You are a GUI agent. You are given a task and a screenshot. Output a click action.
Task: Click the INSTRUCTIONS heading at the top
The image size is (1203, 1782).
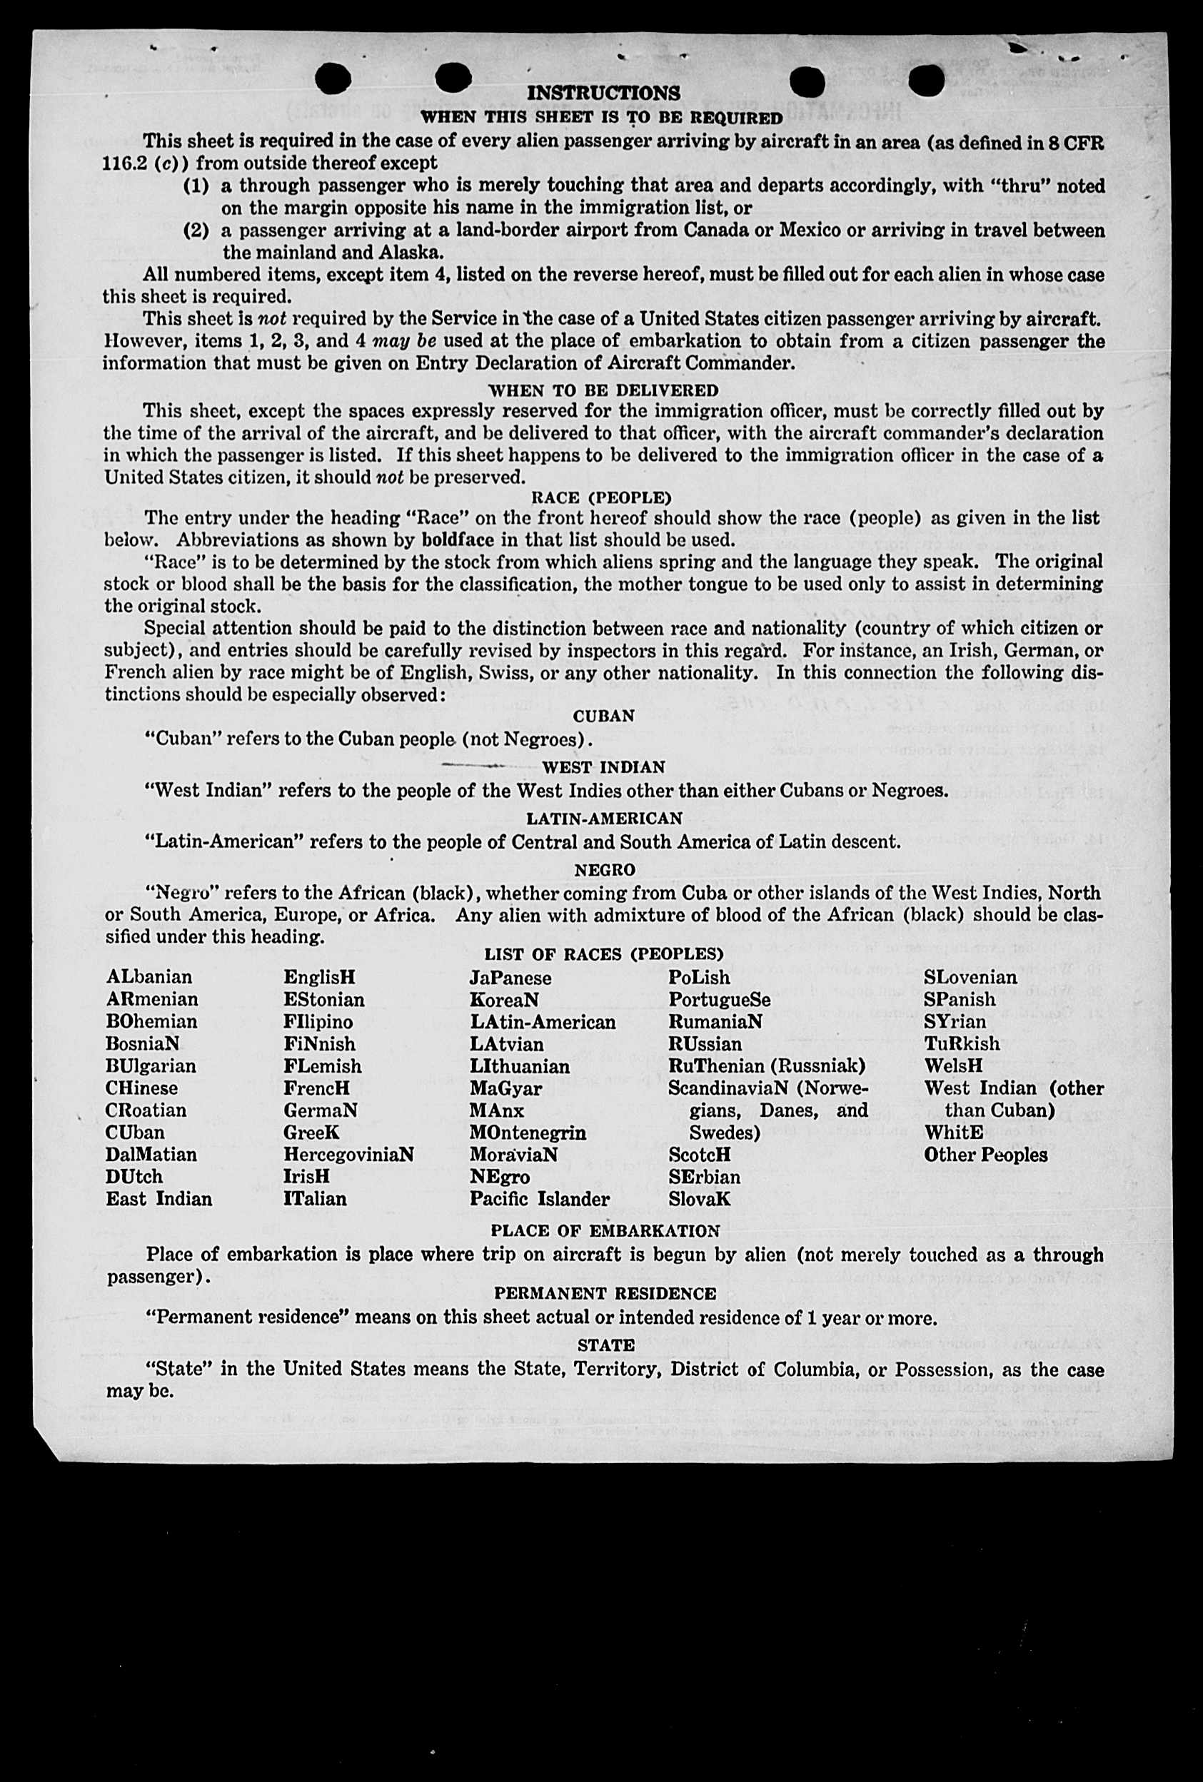pos(603,93)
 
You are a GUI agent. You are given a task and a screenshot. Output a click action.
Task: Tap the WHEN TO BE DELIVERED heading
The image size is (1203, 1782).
pos(603,390)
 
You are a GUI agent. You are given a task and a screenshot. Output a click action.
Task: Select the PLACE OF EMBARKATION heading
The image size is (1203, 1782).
pos(605,1230)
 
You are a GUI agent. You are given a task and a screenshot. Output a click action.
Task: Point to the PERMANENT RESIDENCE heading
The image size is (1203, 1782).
pos(605,1294)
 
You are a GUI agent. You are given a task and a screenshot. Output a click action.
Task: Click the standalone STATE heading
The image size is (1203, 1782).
pos(605,1345)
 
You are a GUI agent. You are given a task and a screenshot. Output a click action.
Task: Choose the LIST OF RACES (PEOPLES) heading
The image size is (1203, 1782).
pos(604,954)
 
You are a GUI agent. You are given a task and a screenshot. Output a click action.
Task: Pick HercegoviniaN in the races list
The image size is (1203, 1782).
pos(348,1155)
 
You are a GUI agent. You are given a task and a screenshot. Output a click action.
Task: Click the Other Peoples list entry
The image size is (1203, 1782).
pos(985,1155)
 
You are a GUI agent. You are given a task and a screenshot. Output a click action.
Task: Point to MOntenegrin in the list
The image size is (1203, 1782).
pos(528,1133)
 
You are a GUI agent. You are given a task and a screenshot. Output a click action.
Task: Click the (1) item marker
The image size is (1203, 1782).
pos(196,186)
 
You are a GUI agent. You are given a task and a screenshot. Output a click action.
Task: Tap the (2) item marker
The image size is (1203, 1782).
pos(196,230)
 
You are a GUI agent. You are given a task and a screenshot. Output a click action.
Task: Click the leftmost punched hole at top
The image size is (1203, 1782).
pos(333,79)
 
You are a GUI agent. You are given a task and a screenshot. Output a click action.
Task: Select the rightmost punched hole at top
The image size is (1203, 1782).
pos(926,80)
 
